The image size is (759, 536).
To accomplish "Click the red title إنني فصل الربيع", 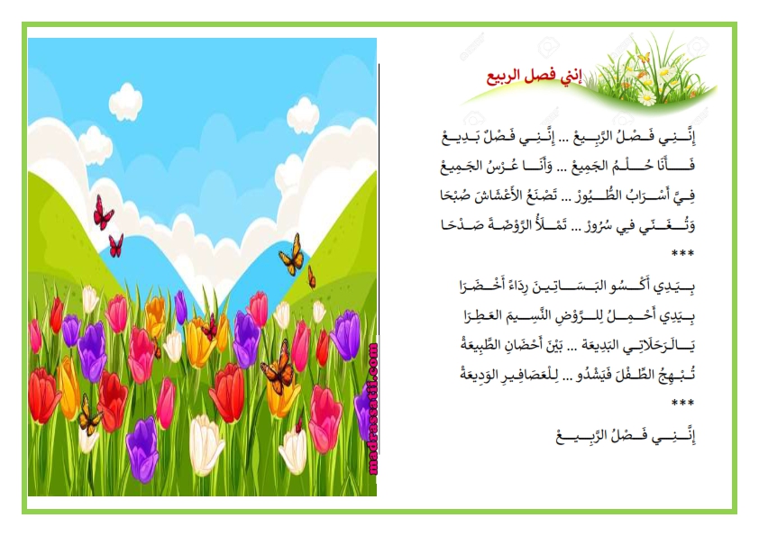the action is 535,77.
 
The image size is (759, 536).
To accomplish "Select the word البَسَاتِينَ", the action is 590,286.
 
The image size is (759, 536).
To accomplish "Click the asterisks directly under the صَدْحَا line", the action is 682,254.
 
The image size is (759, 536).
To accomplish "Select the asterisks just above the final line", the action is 682,404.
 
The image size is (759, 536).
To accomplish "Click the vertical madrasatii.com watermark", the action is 372,409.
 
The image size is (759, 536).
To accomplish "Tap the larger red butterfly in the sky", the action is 103,213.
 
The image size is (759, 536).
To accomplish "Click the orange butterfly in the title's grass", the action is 644,59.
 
